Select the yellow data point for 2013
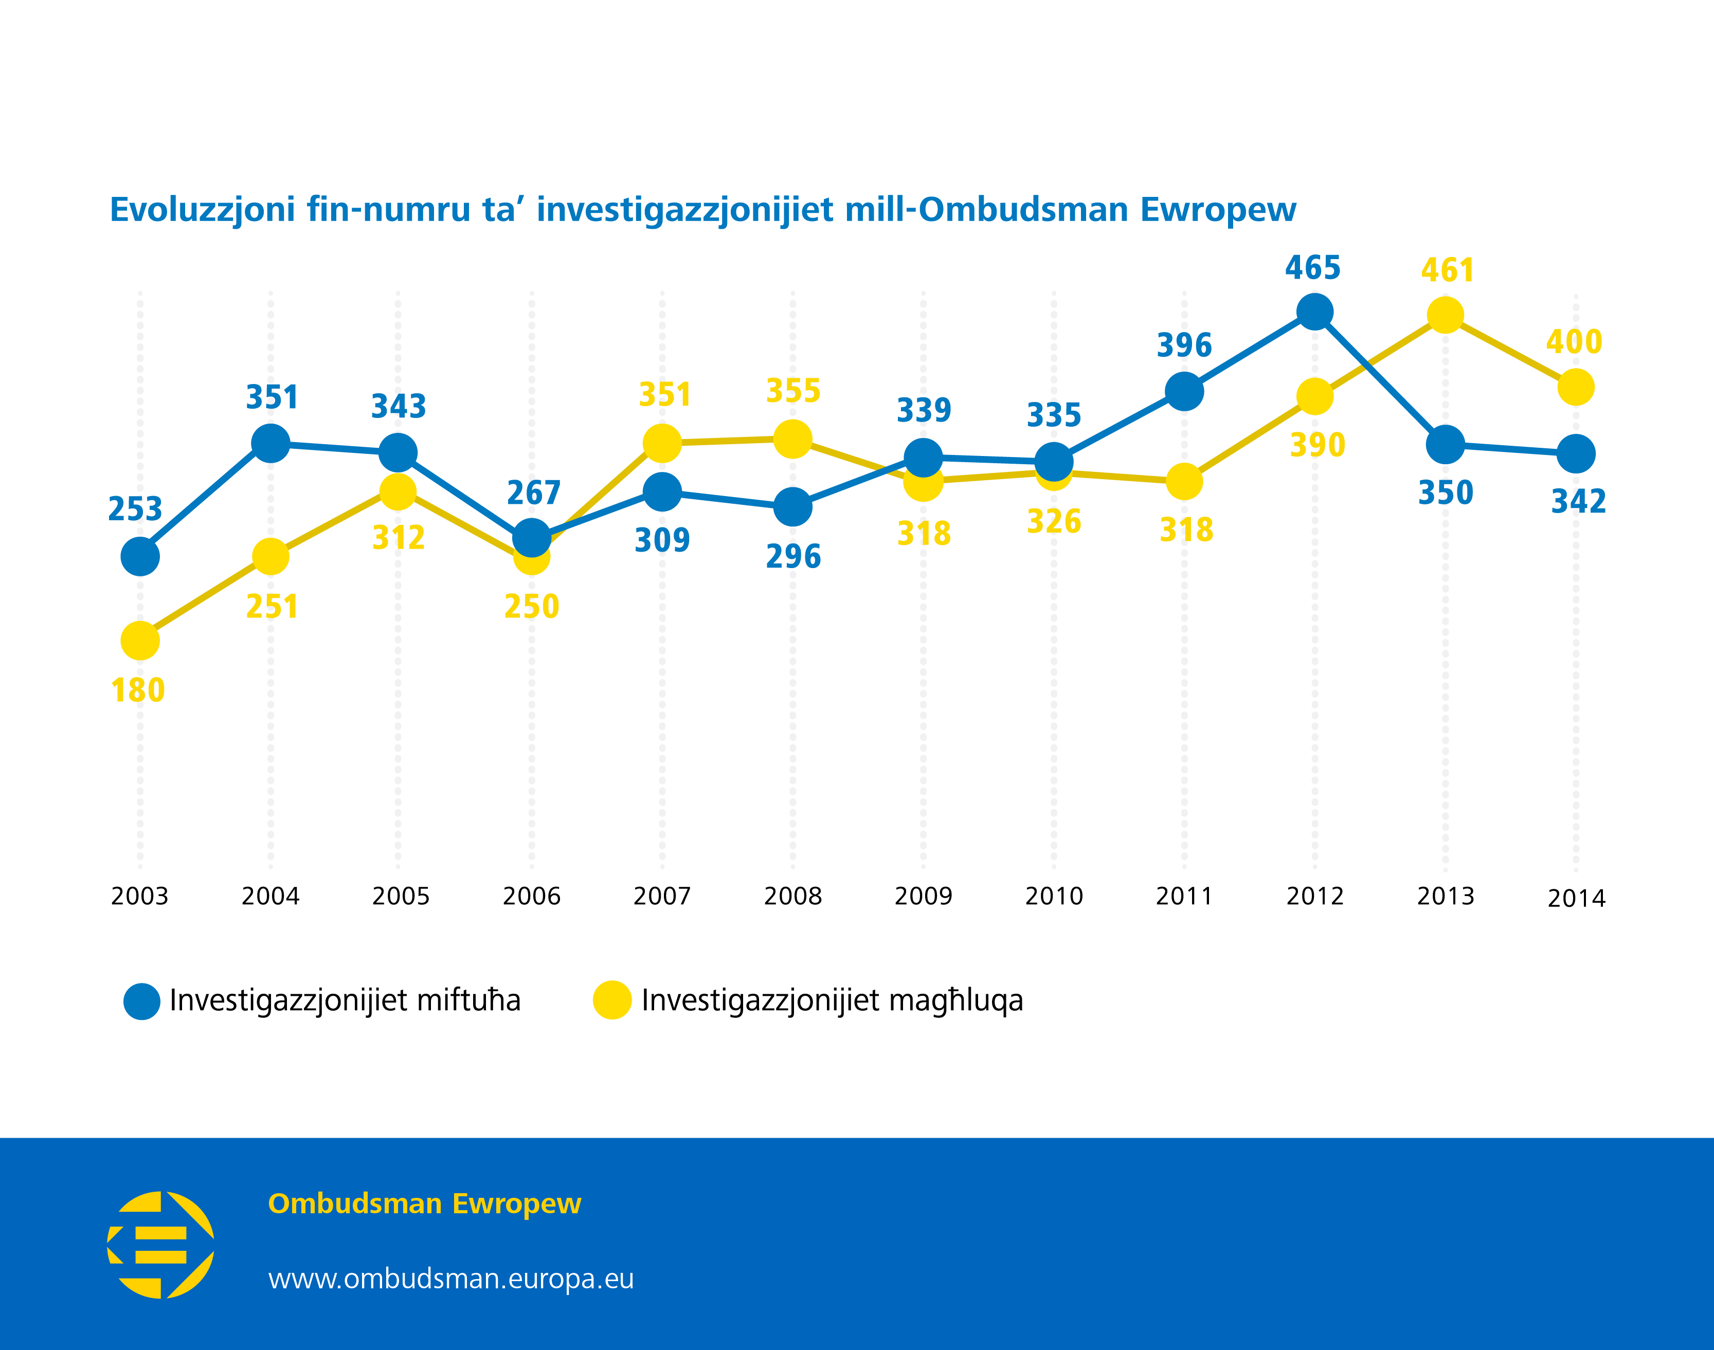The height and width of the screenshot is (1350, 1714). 1445,315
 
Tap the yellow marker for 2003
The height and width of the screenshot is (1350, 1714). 140,640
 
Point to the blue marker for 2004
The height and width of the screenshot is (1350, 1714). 270,443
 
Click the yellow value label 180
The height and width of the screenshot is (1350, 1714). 138,690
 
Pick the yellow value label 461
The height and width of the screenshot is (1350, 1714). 1448,270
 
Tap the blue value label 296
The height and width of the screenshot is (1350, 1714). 793,556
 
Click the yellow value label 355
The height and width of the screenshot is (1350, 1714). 793,391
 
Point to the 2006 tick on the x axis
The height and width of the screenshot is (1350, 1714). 531,896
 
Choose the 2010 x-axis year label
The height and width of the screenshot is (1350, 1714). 1054,896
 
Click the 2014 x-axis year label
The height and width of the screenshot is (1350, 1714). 1576,899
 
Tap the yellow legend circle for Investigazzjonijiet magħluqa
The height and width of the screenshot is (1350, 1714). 612,1000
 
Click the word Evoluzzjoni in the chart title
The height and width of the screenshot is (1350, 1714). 203,209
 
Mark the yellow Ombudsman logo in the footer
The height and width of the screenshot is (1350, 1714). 160,1245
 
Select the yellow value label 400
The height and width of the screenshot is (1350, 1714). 1574,341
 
